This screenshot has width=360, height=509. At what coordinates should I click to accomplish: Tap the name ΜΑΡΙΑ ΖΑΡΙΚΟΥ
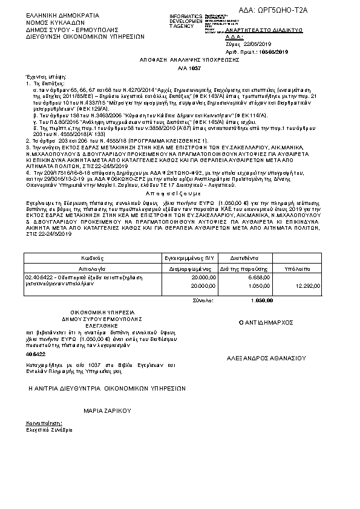107,410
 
